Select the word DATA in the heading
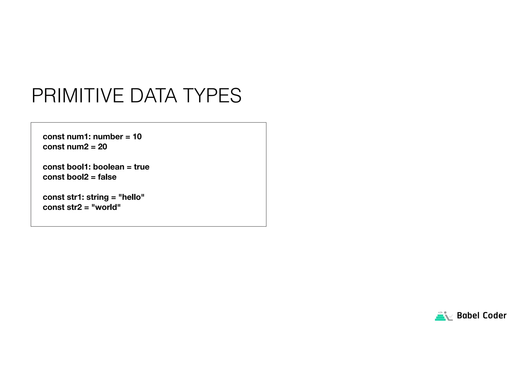[x=153, y=96]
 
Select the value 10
[x=137, y=137]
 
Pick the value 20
[x=102, y=147]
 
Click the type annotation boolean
[x=108, y=167]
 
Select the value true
[x=141, y=167]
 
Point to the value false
[x=107, y=177]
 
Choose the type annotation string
[x=97, y=197]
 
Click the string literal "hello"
[x=132, y=197]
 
